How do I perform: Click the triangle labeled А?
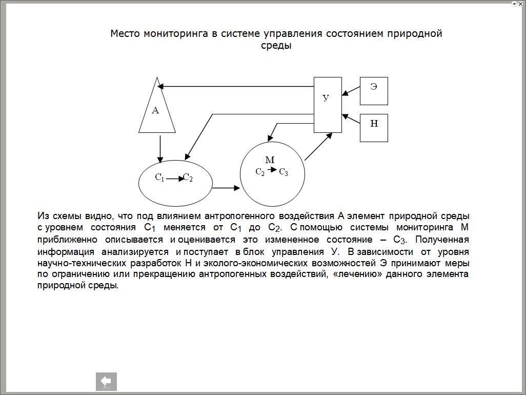coord(157,110)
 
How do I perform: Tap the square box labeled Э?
coord(374,91)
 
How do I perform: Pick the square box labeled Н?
coord(374,127)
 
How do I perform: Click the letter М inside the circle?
coord(270,160)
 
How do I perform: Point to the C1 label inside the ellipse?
coord(159,178)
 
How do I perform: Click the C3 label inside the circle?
coord(284,172)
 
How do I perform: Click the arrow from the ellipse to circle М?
coord(226,188)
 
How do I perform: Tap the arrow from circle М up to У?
coord(318,147)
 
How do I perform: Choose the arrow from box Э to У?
coord(351,90)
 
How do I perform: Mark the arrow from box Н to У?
coord(351,120)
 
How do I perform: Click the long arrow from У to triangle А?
coord(236,86)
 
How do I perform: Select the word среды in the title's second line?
coord(276,46)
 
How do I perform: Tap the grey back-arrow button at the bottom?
coord(107,381)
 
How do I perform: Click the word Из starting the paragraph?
coord(43,216)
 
